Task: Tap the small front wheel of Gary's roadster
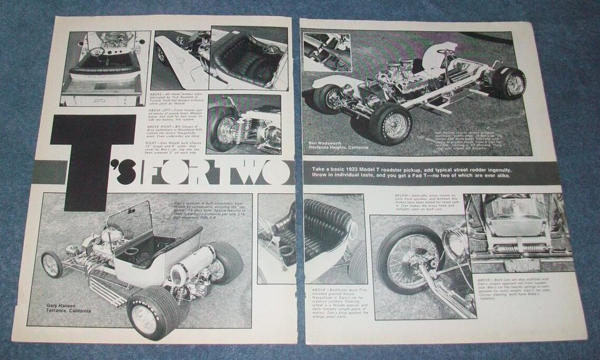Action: pyautogui.click(x=51, y=264)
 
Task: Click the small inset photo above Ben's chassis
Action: pyautogui.click(x=327, y=52)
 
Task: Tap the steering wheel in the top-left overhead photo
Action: pyautogui.click(x=96, y=51)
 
